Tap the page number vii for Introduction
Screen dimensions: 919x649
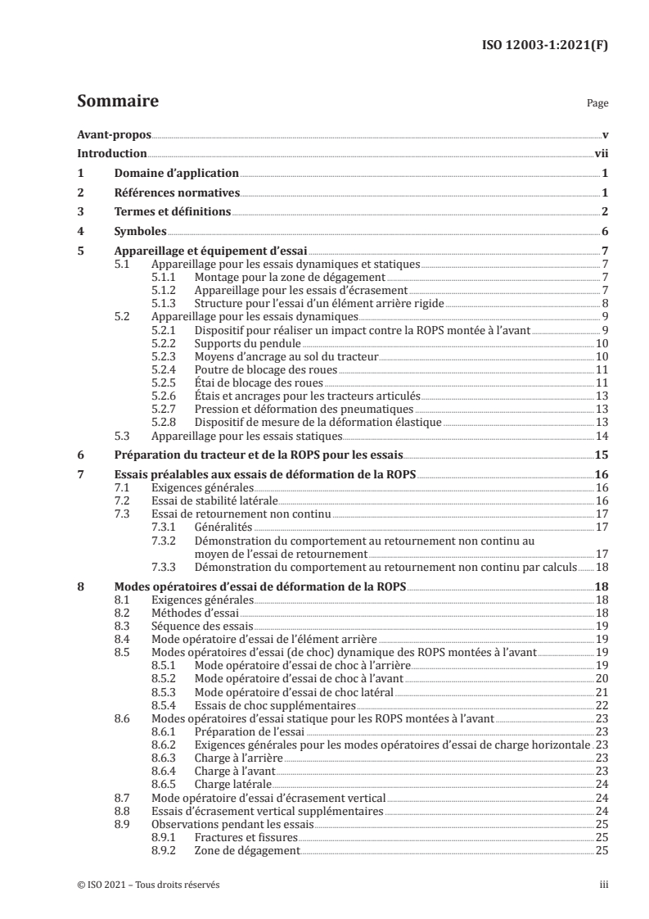pyautogui.click(x=601, y=154)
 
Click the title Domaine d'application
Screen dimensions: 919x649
pyautogui.click(x=176, y=174)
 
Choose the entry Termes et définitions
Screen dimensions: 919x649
pyautogui.click(x=171, y=212)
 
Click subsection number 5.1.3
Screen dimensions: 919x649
pyautogui.click(x=167, y=302)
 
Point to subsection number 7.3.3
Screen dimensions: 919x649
pyautogui.click(x=167, y=567)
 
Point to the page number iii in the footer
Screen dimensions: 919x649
pyautogui.click(x=604, y=885)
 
